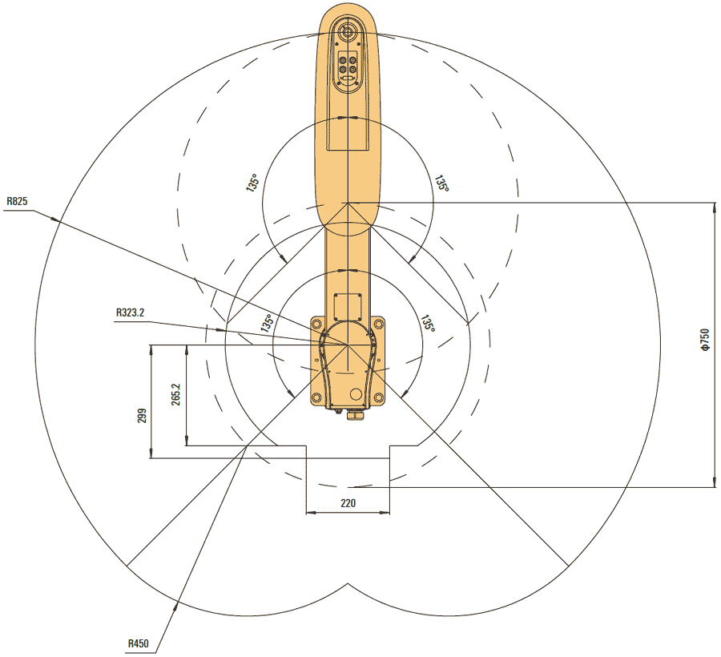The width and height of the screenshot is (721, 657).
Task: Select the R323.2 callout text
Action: (x=130, y=312)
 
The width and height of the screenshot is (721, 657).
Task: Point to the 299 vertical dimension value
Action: (x=142, y=416)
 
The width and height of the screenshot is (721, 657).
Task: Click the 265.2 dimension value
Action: (x=176, y=394)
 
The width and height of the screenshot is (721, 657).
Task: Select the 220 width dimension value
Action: (x=348, y=503)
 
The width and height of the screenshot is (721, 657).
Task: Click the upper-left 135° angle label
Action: (x=253, y=183)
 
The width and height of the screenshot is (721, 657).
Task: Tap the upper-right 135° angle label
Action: (x=441, y=183)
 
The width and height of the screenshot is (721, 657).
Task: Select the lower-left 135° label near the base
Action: (x=267, y=323)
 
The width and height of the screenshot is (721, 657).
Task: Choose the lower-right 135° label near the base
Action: (x=428, y=324)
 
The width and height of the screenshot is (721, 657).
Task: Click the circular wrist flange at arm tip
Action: (x=348, y=32)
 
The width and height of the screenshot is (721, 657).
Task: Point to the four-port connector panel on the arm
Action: (x=348, y=65)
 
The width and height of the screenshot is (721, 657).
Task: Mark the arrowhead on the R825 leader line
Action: (x=55, y=219)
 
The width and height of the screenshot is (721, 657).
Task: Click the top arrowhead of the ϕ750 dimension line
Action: (x=714, y=207)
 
